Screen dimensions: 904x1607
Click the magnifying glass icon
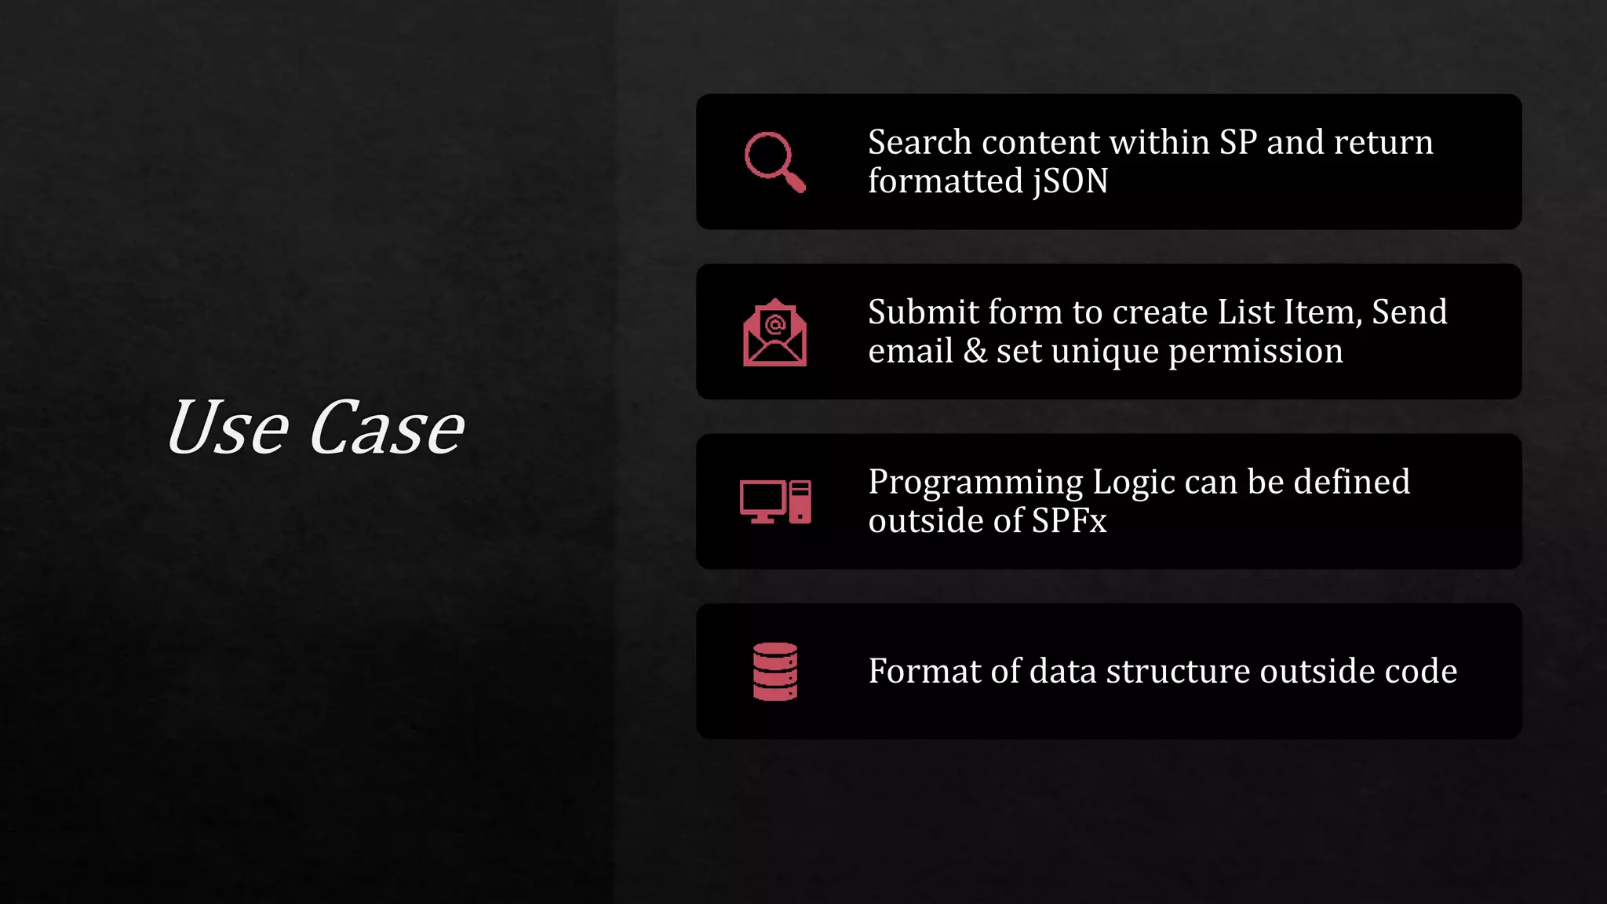pyautogui.click(x=774, y=162)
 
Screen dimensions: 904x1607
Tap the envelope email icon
pyautogui.click(x=774, y=333)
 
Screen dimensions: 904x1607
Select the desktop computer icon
pyautogui.click(x=775, y=501)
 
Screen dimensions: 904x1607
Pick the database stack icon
pyautogui.click(x=775, y=671)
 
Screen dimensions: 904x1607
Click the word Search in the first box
pyautogui.click(x=920, y=143)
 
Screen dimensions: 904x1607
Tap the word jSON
pyautogui.click(x=1070, y=181)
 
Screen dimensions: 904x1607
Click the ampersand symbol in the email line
pyautogui.click(x=975, y=351)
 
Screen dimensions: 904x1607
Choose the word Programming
pyautogui.click(x=975, y=483)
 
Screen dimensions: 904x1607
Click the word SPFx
pyautogui.click(x=1069, y=521)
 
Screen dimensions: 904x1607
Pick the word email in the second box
pyautogui.click(x=910, y=351)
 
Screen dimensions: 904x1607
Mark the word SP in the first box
pyautogui.click(x=1237, y=143)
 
